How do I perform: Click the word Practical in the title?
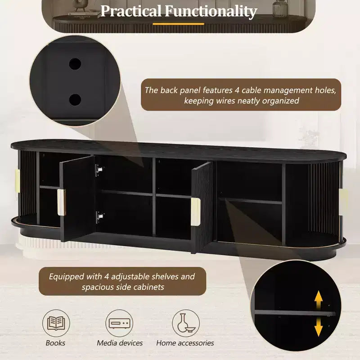pos(131,11)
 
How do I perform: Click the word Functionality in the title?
pos(211,11)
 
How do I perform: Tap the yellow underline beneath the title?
pos(178,24)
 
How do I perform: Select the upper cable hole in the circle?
pos(75,64)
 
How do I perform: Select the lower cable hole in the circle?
pos(75,99)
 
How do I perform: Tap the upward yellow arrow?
pos(319,299)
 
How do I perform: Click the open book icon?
pos(56,323)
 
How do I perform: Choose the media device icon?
pos(119,323)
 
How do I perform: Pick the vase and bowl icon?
pos(185,323)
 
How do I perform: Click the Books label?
pos(55,343)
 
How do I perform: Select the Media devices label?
pos(120,343)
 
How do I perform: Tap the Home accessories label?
pos(185,343)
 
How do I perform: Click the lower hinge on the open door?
pos(100,217)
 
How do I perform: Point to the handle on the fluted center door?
pos(195,211)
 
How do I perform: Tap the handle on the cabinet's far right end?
pos(343,202)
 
